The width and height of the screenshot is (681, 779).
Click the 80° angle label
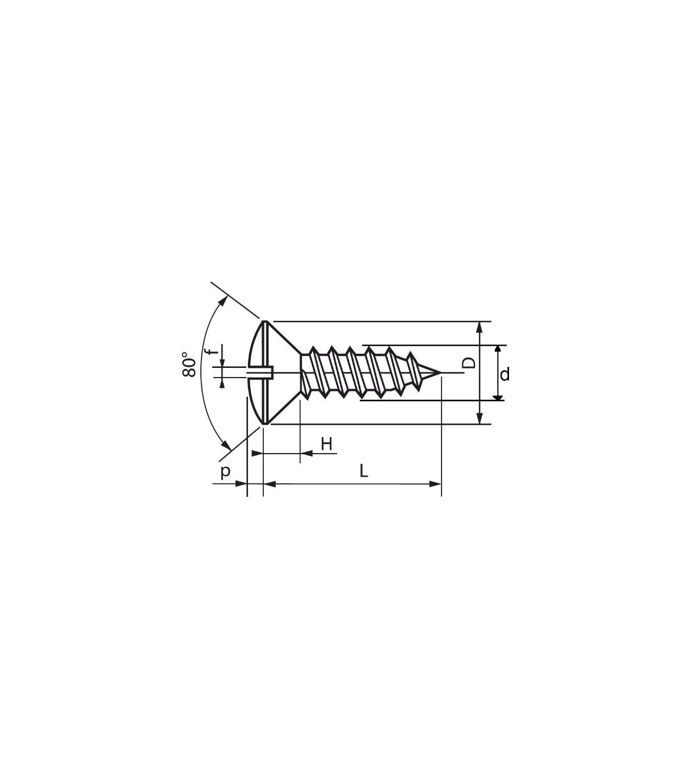point(189,365)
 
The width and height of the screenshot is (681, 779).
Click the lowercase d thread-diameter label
point(505,374)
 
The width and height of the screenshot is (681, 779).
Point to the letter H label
point(327,444)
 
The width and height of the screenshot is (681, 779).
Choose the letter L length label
point(364,471)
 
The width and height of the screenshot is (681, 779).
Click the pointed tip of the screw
point(441,372)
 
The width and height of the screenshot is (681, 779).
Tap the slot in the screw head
point(260,372)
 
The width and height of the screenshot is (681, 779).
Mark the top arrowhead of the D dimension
point(480,327)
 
